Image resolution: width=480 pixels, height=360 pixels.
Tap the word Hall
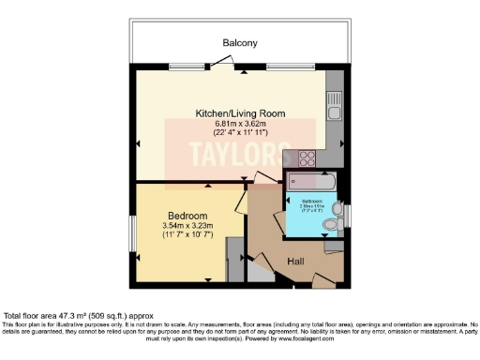pos(295,261)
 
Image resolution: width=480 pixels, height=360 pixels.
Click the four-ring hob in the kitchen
pos(307,159)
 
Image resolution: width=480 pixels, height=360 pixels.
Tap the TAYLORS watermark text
pos(233,153)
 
